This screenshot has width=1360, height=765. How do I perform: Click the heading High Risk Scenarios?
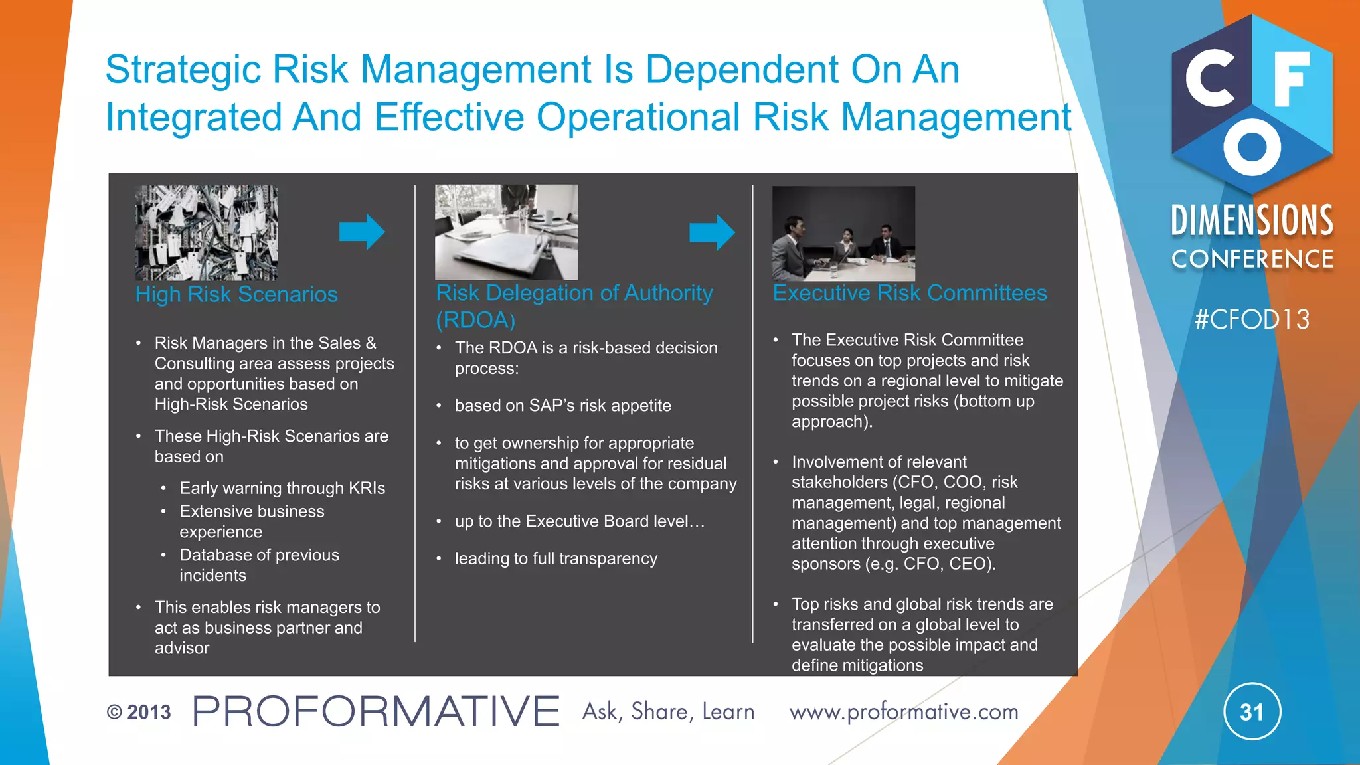(236, 294)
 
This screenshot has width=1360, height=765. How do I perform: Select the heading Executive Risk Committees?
(909, 293)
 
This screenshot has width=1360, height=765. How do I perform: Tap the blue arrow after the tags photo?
(362, 232)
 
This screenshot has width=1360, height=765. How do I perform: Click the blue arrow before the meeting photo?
(712, 232)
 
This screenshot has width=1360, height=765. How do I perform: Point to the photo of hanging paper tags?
(207, 232)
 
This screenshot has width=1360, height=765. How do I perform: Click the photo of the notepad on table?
(506, 232)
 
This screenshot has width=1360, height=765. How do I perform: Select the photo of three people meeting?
(843, 233)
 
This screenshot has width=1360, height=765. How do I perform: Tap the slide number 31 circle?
(1252, 712)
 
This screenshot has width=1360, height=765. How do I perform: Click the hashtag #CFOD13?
(1252, 320)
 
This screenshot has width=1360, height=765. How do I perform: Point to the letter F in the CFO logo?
(1291, 79)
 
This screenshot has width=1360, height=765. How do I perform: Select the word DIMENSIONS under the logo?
(1252, 221)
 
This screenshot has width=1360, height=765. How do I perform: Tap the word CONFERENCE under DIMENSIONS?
(1252, 259)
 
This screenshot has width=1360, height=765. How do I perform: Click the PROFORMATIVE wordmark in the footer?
(376, 711)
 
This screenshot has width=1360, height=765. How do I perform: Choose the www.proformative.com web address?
(903, 712)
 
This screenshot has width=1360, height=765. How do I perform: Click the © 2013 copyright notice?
(139, 712)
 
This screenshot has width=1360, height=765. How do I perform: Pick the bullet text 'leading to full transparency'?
(556, 558)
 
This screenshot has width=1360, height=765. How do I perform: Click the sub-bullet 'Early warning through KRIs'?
(282, 488)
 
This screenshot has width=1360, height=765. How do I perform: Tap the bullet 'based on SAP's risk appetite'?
(562, 406)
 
